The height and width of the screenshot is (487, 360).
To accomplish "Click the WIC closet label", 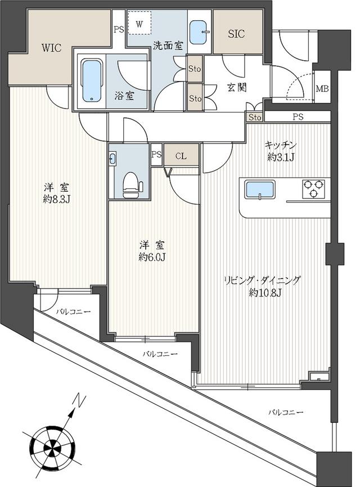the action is tap(52, 48).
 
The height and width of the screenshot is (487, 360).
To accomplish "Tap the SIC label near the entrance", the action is tap(236, 34).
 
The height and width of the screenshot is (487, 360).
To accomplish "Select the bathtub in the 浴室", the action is tap(91, 81).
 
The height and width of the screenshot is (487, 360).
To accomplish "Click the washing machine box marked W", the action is tap(139, 23).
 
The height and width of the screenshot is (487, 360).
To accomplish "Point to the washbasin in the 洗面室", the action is tap(200, 32).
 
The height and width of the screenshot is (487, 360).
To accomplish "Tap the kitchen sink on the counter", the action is tap(260, 190).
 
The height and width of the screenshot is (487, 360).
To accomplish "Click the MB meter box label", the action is tap(322, 89).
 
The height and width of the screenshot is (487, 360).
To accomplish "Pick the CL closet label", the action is tap(181, 156).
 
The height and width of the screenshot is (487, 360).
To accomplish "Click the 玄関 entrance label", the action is tap(237, 88).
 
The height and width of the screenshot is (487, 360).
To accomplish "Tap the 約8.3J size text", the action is tap(56, 199).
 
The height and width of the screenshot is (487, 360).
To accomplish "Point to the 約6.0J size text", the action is tap(151, 257).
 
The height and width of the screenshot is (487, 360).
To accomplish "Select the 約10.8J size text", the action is tap(265, 292).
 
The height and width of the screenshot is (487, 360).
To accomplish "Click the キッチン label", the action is tap(281, 145).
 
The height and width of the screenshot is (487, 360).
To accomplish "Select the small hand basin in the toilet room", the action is tap(112, 159).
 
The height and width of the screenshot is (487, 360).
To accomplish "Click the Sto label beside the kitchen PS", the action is tap(255, 118).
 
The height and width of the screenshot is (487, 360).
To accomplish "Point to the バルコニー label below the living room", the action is tap(285, 412).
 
